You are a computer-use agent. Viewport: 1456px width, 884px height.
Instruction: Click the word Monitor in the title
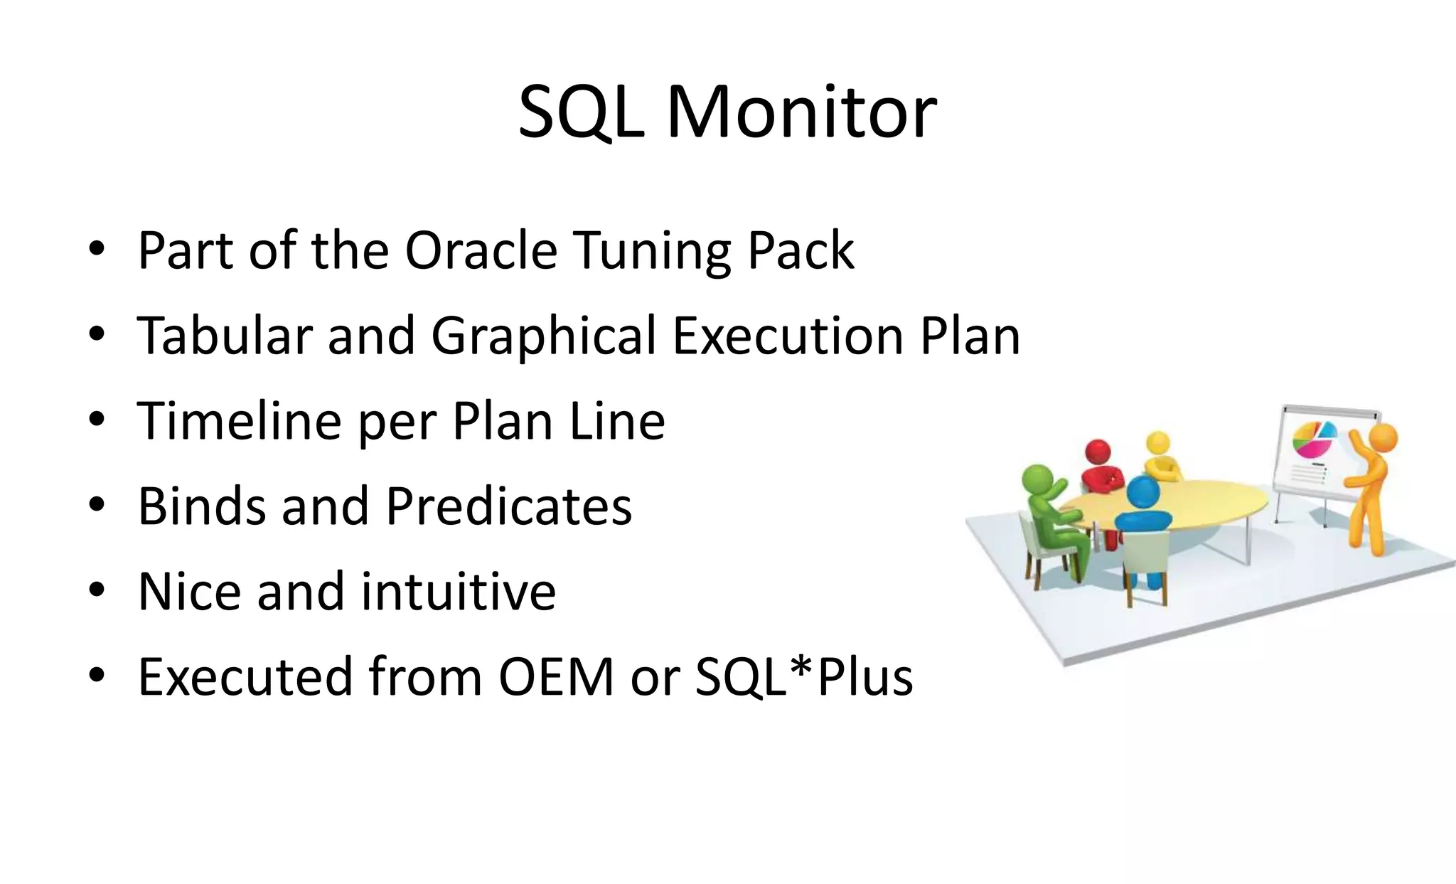click(x=801, y=112)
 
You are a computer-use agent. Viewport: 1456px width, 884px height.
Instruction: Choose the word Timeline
click(x=239, y=421)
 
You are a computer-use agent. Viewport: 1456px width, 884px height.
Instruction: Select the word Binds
click(x=202, y=506)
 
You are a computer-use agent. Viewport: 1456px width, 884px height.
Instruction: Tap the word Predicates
click(x=508, y=506)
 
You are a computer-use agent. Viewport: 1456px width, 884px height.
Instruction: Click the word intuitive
click(x=458, y=592)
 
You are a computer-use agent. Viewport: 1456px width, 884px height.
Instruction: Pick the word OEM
click(x=556, y=677)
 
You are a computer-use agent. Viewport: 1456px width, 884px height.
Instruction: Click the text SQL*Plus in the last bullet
click(x=803, y=677)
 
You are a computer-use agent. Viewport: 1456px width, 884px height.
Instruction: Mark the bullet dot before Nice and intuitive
click(x=97, y=590)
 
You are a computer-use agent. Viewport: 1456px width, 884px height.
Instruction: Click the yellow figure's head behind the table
click(x=1158, y=442)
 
